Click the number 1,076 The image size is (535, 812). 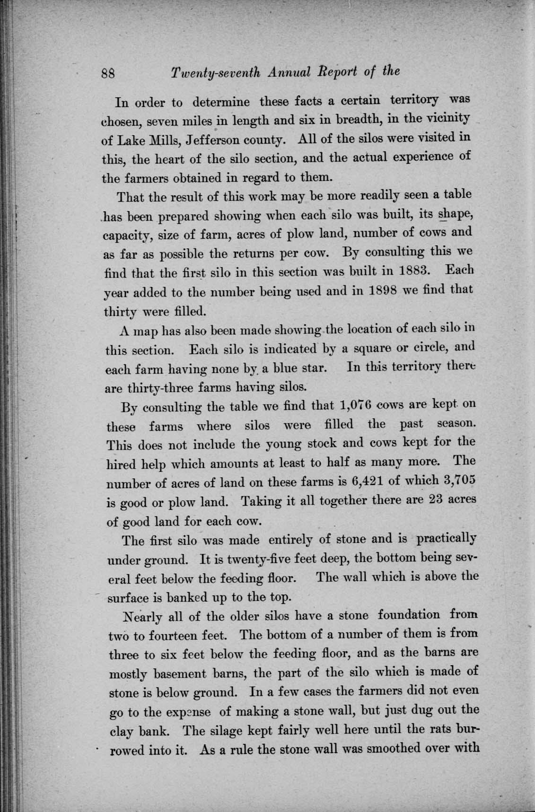coord(355,405)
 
